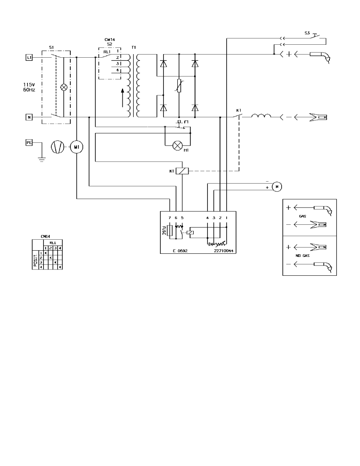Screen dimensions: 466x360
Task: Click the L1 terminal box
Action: point(29,58)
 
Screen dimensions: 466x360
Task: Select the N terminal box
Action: point(29,117)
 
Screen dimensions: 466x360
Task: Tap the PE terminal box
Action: point(29,143)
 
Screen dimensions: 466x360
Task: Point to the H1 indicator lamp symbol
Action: point(178,145)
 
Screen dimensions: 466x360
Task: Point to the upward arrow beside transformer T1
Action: point(123,98)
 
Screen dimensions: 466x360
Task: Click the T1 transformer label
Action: point(134,47)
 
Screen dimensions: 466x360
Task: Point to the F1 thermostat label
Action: point(187,122)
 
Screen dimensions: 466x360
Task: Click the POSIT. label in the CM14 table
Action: point(35,260)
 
